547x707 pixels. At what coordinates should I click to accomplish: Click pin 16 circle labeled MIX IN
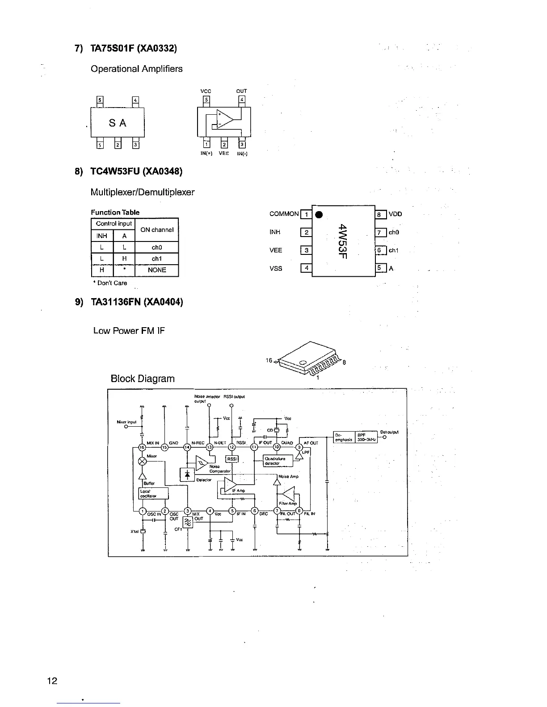pyautogui.click(x=142, y=447)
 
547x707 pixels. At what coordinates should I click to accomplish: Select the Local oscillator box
pyautogui.click(x=153, y=493)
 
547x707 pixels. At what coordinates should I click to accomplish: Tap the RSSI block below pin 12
pyautogui.click(x=232, y=459)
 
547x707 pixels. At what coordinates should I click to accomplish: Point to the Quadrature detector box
pyautogui.click(x=278, y=461)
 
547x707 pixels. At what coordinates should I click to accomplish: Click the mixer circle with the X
pyautogui.click(x=143, y=460)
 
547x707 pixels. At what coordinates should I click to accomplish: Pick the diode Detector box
pyautogui.click(x=186, y=474)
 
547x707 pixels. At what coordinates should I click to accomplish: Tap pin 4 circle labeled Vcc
pyautogui.click(x=210, y=512)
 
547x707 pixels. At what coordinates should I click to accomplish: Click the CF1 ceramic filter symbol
pyautogui.click(x=188, y=522)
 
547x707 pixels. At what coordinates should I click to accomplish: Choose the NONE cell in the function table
pyautogui.click(x=156, y=270)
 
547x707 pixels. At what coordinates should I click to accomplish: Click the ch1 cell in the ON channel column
pyautogui.click(x=156, y=259)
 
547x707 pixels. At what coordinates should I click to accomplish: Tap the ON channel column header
pyautogui.click(x=156, y=230)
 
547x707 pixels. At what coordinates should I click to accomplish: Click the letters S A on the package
pyautogui.click(x=118, y=123)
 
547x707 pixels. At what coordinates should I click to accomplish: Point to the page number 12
pyautogui.click(x=52, y=681)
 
